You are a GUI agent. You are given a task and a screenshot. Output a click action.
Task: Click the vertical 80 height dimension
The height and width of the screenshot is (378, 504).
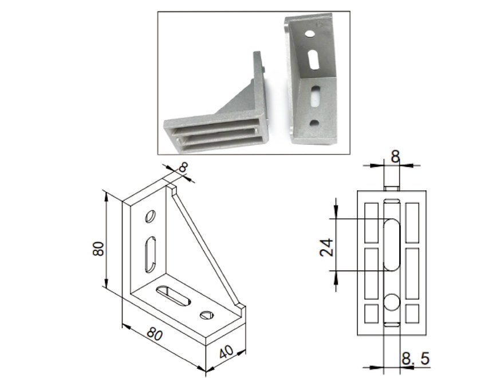click(x=99, y=249)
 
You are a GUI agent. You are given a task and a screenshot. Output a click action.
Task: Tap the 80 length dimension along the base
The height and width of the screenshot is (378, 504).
click(x=155, y=334)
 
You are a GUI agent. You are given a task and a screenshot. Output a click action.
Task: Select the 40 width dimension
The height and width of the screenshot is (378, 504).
click(x=227, y=352)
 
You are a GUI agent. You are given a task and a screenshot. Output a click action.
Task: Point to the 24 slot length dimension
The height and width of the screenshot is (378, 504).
click(x=326, y=247)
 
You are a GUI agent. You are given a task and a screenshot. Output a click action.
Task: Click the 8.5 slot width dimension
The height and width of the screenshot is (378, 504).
click(x=416, y=359)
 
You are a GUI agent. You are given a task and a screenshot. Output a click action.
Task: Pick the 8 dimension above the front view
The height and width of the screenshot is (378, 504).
click(x=395, y=157)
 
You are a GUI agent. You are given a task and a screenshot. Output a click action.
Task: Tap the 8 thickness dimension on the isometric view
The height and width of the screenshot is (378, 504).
click(x=183, y=167)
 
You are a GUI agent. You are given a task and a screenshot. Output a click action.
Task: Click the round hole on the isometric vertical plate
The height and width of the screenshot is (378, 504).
click(x=150, y=216)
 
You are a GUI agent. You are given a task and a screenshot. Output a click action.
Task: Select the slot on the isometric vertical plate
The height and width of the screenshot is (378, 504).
click(x=150, y=254)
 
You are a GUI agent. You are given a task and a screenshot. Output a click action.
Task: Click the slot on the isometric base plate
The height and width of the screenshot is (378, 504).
click(x=173, y=296)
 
